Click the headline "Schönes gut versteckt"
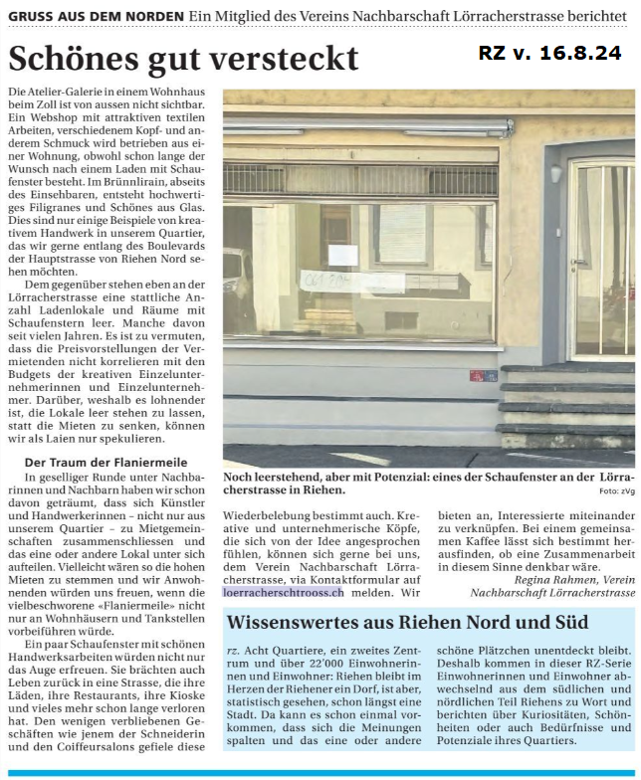click(182, 58)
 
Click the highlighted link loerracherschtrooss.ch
click(284, 592)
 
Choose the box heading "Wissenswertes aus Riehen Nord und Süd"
click(408, 623)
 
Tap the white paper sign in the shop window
click(342, 254)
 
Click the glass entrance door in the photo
click(600, 259)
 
